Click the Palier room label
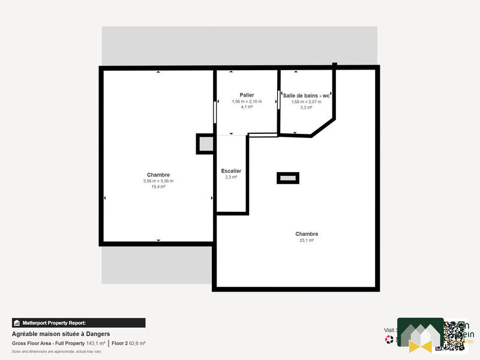[x=247, y=95]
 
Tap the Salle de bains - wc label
[x=307, y=95]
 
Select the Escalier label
[x=231, y=170]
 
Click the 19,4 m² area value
[x=158, y=187]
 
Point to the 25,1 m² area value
[x=307, y=240]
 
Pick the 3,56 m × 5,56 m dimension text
[x=158, y=181]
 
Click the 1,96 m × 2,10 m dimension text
[x=247, y=101]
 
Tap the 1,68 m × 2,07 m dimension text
[x=307, y=101]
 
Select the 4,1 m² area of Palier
[x=247, y=107]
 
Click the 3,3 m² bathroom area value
[x=307, y=107]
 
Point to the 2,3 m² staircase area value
[x=231, y=177]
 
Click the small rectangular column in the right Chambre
[x=287, y=178]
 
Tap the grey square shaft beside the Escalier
[x=205, y=144]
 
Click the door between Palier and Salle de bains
[x=279, y=100]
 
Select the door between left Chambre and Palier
[x=215, y=112]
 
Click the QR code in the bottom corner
[x=450, y=335]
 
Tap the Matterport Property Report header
[x=79, y=323]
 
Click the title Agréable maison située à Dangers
[x=61, y=334]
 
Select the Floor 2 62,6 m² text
[x=128, y=343]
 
